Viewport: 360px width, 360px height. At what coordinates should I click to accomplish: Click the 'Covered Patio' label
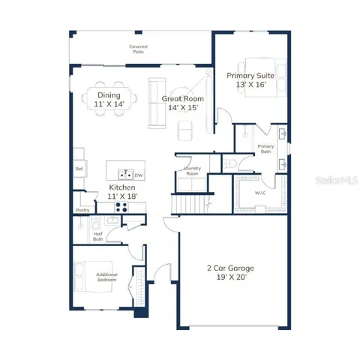click(138, 49)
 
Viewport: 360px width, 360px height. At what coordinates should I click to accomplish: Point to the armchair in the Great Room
click(185, 130)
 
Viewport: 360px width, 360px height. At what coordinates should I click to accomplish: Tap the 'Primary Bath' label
click(265, 148)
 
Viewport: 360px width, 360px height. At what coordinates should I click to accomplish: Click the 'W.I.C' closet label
click(260, 192)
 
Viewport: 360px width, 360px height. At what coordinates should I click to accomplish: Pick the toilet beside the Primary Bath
click(231, 161)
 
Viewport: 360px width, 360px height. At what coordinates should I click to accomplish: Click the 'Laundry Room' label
click(192, 172)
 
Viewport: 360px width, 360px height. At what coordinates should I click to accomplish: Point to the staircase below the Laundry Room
click(187, 202)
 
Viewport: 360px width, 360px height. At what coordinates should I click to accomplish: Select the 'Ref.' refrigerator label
click(79, 169)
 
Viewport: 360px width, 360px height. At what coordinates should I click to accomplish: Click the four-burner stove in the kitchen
click(122, 208)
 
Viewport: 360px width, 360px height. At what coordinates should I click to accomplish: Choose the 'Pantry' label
click(82, 211)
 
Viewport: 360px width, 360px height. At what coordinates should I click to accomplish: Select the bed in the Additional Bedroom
click(84, 274)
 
